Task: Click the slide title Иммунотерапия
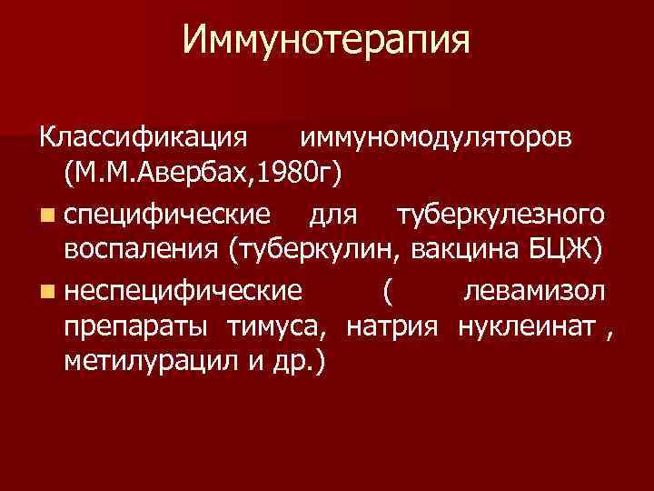coord(326,41)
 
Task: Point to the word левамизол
coord(533,291)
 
